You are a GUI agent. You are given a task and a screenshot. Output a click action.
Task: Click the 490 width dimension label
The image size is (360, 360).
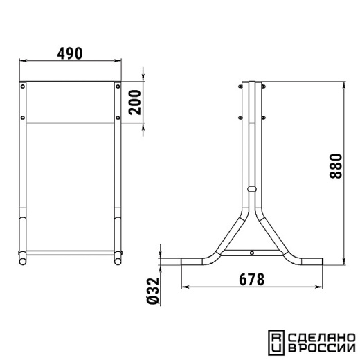70,53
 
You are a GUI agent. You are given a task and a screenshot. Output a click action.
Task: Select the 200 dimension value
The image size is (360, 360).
135,102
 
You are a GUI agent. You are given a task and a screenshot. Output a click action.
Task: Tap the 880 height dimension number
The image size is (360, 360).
336,166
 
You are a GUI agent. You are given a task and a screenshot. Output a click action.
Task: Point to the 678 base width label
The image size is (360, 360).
251,280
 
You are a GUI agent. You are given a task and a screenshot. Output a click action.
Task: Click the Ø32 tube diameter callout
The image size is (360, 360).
153,291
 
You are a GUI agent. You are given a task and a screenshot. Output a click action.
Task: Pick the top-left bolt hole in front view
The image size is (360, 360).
23,87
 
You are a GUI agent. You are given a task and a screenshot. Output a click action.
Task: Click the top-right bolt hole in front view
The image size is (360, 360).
118,87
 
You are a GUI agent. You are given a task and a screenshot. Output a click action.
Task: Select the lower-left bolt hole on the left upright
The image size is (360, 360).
23,118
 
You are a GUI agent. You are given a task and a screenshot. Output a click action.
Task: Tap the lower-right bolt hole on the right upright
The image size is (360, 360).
118,118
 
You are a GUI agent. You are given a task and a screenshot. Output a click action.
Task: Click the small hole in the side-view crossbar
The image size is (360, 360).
252,253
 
